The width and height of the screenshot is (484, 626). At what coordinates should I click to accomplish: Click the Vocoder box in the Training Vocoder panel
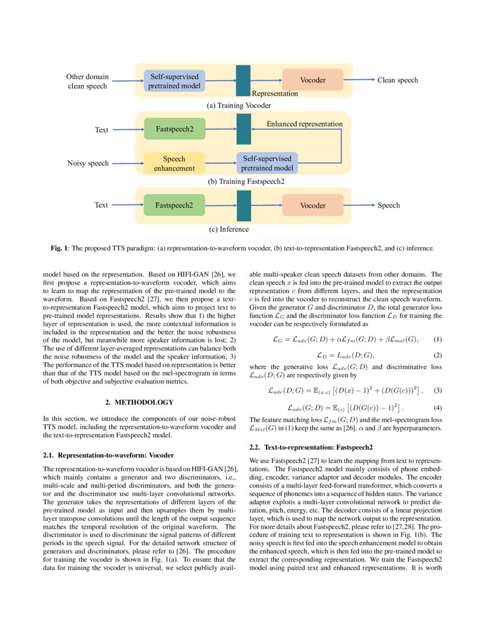tap(313, 80)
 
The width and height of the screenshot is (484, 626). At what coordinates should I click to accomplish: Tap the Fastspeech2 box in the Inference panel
tap(174, 205)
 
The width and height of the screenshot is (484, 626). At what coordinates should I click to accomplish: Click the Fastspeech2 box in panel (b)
tap(174, 130)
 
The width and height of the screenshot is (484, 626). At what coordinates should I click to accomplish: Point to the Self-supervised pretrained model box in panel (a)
tap(174, 80)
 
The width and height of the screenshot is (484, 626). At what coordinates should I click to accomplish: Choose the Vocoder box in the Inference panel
tap(313, 205)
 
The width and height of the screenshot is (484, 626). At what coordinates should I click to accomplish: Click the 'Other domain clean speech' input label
tap(87, 81)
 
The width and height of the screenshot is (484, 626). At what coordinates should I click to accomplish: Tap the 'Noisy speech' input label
tap(88, 163)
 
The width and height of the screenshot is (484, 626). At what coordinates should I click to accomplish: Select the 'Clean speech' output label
tap(397, 80)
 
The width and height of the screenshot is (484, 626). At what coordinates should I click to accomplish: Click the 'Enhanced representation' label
tap(305, 123)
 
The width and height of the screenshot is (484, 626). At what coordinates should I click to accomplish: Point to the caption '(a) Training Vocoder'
tap(239, 105)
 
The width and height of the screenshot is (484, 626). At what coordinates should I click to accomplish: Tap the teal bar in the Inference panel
tap(244, 205)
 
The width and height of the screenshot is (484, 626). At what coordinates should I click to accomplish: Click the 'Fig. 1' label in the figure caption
tap(58, 248)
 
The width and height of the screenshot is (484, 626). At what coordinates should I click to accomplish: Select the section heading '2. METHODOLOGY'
tap(140, 402)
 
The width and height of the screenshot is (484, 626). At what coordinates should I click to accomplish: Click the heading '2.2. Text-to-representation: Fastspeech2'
tap(311, 447)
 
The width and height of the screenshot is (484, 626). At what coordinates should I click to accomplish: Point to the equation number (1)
tap(437, 339)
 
